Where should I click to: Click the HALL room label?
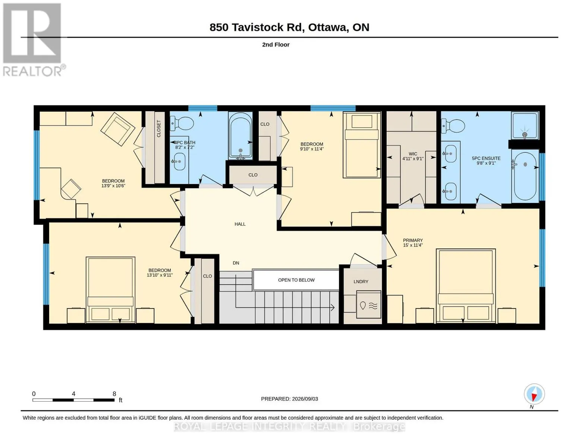(240, 224)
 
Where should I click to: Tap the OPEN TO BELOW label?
(296, 280)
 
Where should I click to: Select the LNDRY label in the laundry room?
(361, 282)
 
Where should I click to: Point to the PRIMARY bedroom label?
(413, 240)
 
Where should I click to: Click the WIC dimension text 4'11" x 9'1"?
(413, 159)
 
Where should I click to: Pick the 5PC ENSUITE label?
(486, 158)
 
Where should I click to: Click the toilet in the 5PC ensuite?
(453, 126)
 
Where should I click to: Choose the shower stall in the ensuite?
(525, 126)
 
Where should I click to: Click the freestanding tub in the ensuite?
(525, 176)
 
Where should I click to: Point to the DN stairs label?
(236, 263)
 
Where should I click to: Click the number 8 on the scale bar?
(114, 394)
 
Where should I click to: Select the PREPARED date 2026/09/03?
(305, 399)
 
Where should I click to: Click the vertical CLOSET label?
(159, 129)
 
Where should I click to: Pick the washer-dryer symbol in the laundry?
(368, 305)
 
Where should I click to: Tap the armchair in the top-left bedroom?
(117, 129)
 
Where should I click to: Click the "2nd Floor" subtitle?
(276, 45)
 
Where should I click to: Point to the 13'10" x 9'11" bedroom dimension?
(160, 275)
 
